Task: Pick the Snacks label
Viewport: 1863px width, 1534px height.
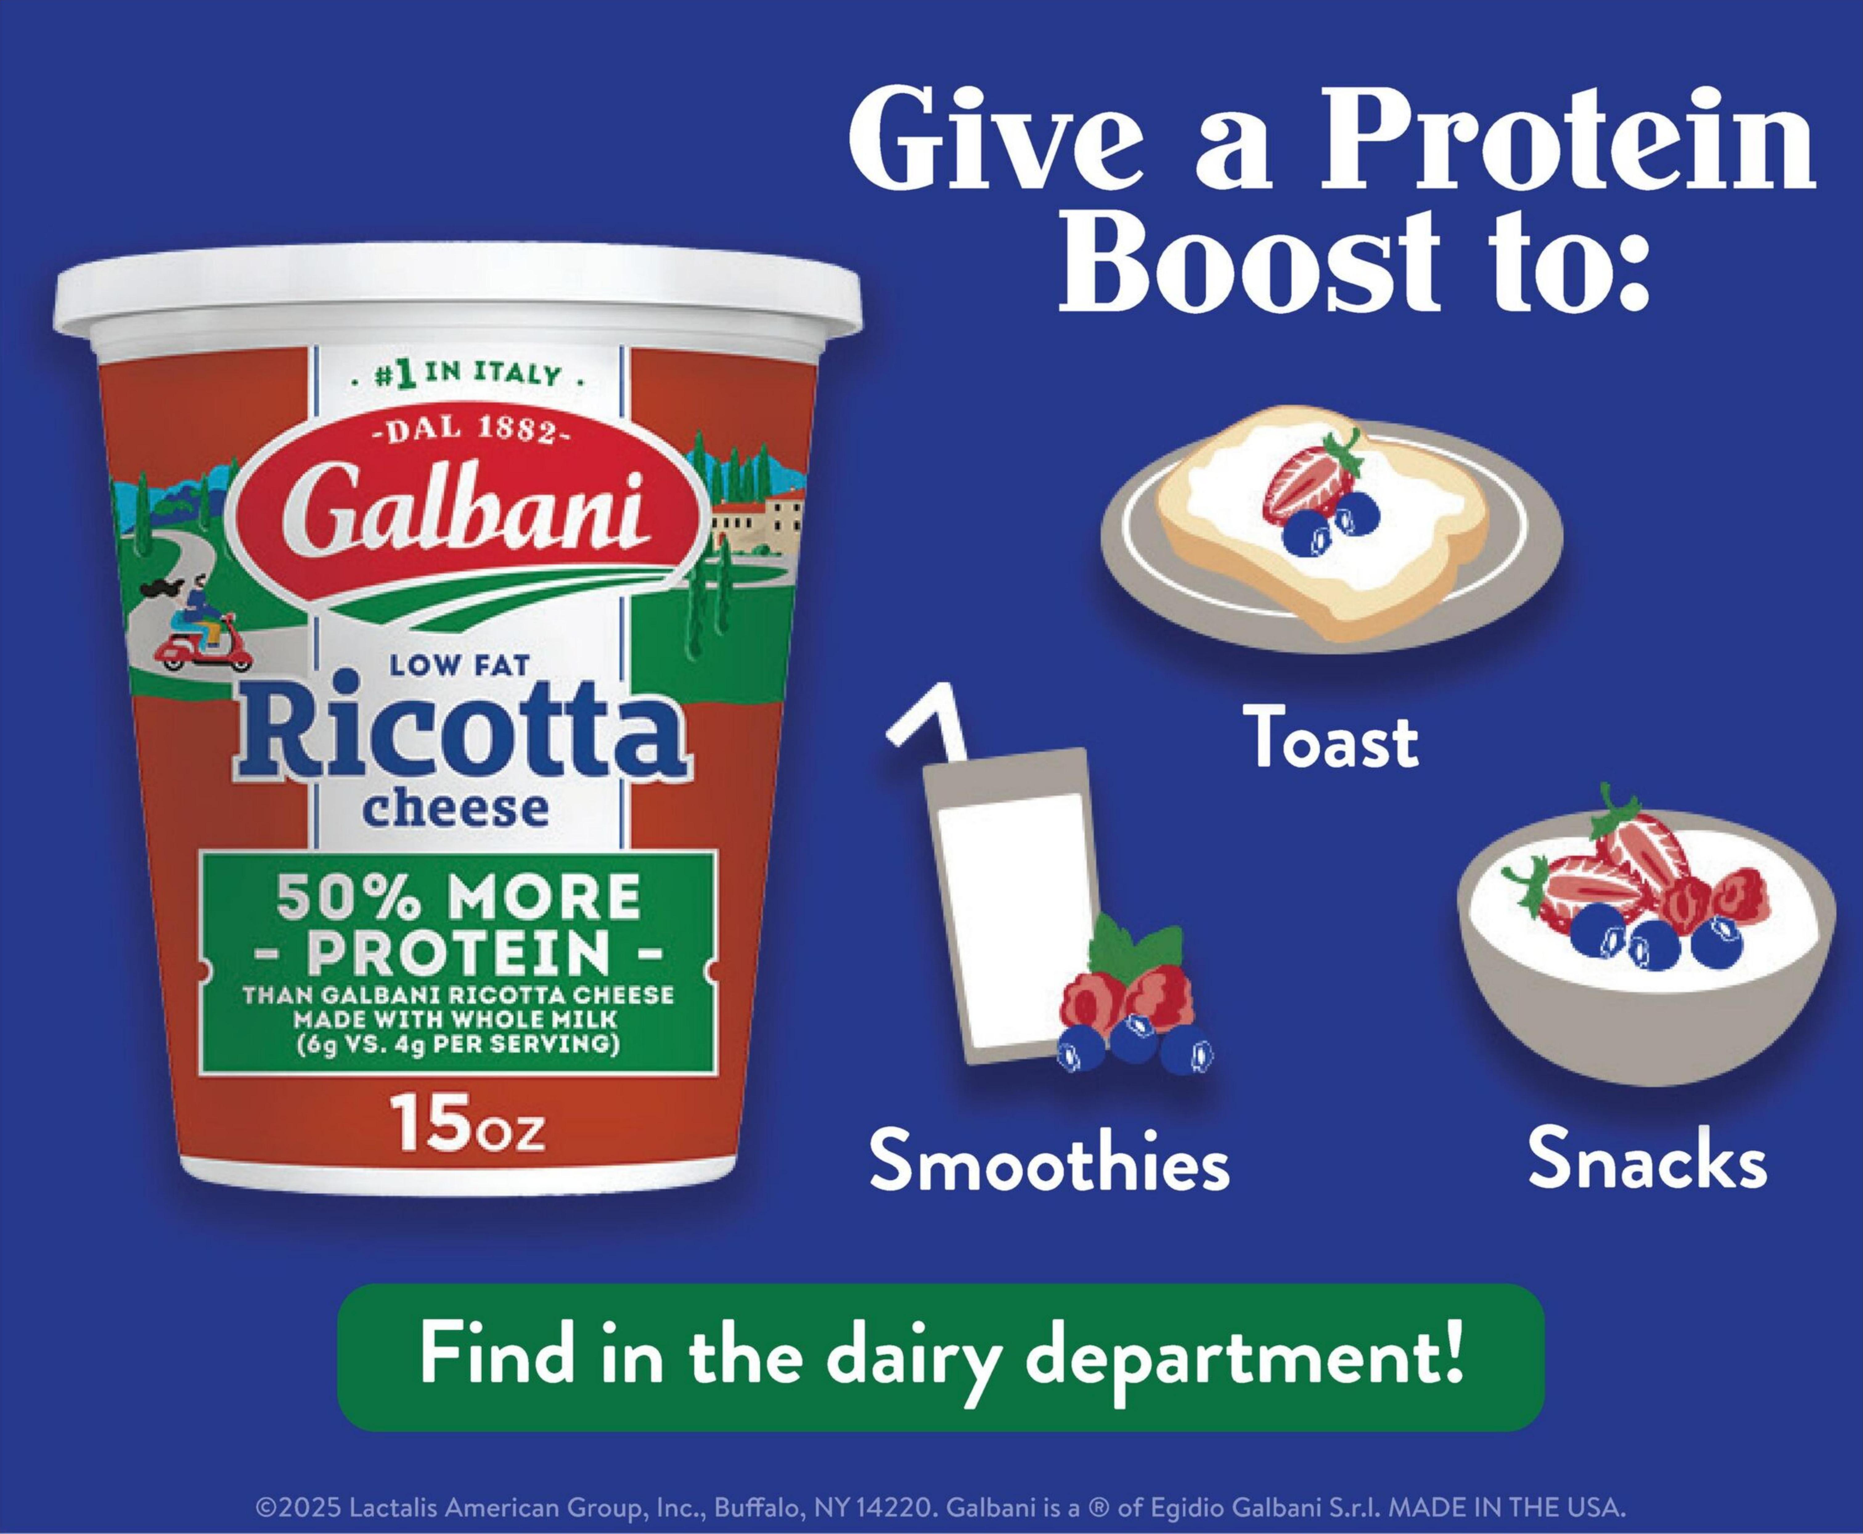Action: [x=1647, y=1157]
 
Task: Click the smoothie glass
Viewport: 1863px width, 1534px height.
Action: [x=1007, y=910]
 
